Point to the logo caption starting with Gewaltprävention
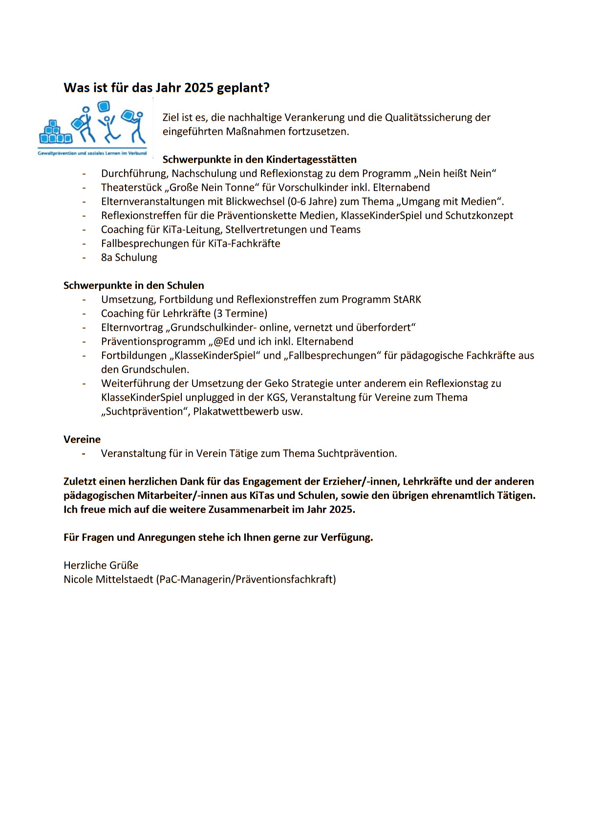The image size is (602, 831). [92, 153]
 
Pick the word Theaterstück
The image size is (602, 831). [131, 188]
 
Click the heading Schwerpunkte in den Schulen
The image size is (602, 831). [134, 286]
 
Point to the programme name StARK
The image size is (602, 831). [407, 299]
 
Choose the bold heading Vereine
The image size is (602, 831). [82, 440]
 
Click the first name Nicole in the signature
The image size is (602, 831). [78, 580]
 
